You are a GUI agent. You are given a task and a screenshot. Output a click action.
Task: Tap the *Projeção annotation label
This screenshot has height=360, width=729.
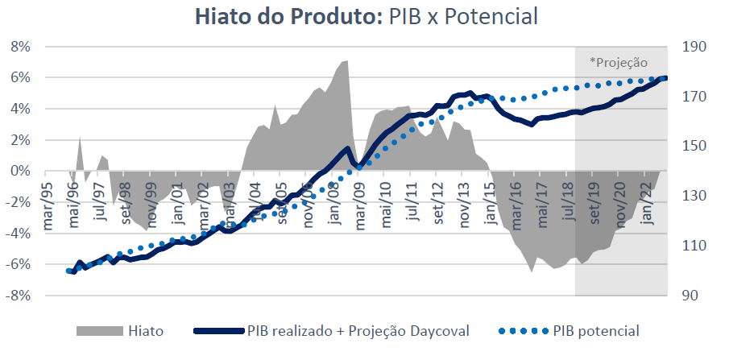pos(618,62)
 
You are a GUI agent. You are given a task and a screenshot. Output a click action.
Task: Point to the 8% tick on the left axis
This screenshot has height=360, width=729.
pos(19,47)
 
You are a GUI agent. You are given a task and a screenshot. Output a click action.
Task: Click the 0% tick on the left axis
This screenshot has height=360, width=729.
pos(19,172)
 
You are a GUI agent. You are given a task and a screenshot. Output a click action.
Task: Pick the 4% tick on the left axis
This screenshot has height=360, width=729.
pos(19,110)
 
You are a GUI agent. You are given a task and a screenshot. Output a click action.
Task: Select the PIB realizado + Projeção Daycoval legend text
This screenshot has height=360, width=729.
pos(358,331)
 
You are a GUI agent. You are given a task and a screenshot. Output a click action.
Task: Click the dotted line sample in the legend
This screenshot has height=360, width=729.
pos(524,331)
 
